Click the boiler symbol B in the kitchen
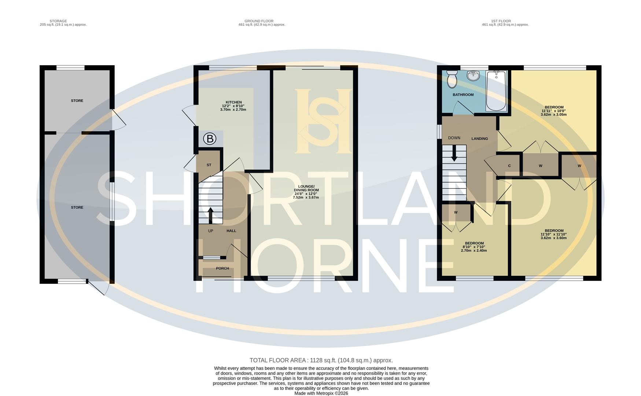210,139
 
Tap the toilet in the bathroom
452,80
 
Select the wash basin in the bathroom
474,76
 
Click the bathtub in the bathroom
496,91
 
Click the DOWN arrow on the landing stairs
454,153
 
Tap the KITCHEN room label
233,102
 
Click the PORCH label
222,268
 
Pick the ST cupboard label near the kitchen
209,165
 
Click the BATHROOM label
463,95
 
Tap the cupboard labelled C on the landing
509,166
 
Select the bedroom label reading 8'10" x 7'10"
474,247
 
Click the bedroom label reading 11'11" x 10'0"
553,111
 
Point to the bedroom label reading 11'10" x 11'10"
553,234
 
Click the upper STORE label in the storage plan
77,100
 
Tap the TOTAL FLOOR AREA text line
321,360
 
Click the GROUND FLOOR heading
259,21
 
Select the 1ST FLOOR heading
501,21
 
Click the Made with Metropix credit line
321,393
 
